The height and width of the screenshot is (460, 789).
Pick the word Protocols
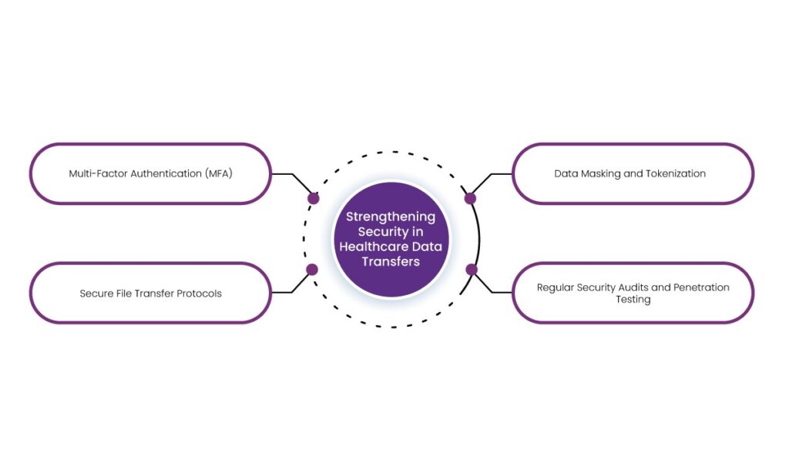(197, 294)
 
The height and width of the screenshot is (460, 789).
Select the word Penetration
(701, 287)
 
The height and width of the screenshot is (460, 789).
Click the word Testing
(633, 299)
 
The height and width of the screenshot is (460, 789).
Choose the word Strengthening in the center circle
(390, 217)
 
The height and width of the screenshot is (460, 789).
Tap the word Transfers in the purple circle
(390, 261)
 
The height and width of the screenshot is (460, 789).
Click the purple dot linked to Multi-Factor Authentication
(314, 198)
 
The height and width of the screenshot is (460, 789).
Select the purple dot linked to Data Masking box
(470, 198)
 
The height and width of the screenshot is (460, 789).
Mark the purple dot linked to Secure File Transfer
(312, 270)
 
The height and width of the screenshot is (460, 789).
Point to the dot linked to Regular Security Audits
(471, 270)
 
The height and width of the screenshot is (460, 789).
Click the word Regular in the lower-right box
(556, 287)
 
